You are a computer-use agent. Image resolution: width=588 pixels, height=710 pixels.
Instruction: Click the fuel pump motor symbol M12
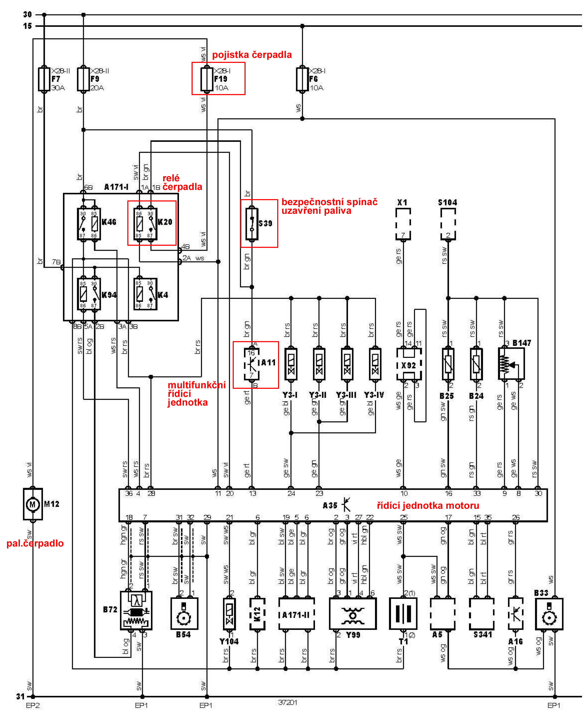point(32,504)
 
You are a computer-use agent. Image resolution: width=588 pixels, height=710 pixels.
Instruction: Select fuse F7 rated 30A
point(44,79)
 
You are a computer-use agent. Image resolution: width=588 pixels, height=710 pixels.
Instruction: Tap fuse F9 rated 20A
point(83,79)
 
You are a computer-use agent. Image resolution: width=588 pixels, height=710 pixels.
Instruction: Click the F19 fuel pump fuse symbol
point(206,79)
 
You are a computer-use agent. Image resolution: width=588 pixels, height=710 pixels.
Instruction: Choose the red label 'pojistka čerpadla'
point(252,55)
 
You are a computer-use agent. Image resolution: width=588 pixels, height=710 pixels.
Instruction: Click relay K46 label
point(109,222)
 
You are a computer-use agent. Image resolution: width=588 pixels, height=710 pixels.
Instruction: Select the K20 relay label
point(165,222)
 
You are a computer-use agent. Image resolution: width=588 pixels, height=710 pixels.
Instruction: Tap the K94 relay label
point(109,295)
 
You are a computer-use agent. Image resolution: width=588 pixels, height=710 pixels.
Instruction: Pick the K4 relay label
point(163,295)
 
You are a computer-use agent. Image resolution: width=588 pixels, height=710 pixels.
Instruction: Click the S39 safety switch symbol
point(252,223)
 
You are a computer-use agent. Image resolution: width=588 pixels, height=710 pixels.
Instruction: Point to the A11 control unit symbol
point(252,364)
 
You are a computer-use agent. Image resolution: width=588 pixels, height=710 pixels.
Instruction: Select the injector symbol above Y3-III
point(347,364)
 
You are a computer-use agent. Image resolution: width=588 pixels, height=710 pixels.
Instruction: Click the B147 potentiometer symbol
point(511,364)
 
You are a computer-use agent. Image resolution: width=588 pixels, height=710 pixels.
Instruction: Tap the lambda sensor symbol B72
point(136,611)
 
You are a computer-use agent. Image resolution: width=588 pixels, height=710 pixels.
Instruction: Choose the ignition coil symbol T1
point(403,613)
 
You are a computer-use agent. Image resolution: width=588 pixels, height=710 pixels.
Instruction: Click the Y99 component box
point(353,613)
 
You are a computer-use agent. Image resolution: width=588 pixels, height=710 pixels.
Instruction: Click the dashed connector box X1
point(403,223)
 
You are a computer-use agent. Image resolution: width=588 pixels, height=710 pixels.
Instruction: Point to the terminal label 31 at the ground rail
point(20,696)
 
